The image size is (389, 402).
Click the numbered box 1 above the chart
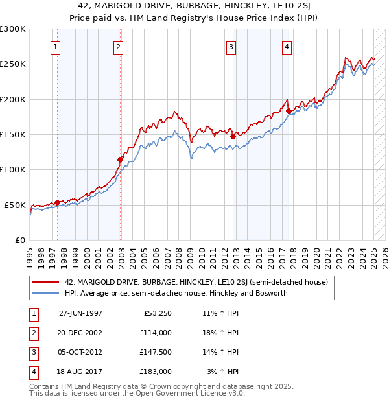click(55, 46)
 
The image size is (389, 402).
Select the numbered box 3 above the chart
click(231, 46)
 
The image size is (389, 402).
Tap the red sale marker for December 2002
click(120, 160)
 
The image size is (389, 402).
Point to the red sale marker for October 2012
click(233, 136)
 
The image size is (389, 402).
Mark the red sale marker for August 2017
click(289, 111)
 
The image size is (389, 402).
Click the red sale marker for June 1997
click(57, 202)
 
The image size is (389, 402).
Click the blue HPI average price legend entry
click(176, 293)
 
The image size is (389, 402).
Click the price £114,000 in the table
click(155, 333)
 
